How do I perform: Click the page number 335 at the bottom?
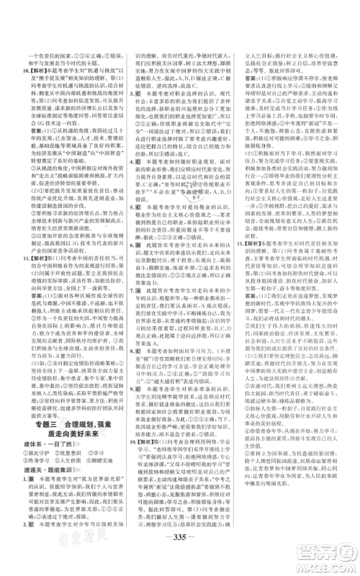[180, 541]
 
